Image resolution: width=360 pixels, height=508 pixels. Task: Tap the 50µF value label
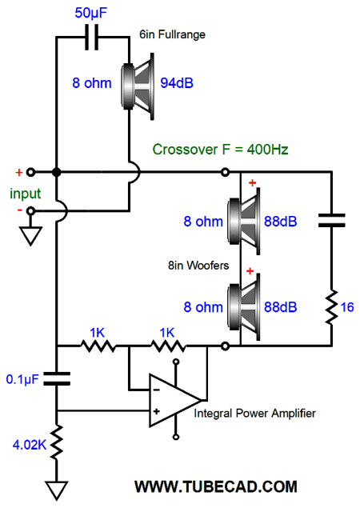click(90, 13)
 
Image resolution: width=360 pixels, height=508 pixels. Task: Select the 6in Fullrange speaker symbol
click(138, 86)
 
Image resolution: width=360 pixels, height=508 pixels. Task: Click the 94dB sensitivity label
click(177, 83)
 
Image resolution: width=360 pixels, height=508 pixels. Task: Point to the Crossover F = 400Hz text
click(220, 150)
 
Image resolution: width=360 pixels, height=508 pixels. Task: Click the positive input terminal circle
click(30, 172)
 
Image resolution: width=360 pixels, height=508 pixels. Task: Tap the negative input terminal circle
click(30, 211)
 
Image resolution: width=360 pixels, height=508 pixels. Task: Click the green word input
click(26, 194)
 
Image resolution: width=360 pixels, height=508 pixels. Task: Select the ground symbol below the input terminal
click(30, 235)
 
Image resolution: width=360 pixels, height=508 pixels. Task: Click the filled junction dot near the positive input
click(56, 172)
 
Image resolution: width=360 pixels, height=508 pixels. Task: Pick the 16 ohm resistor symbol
click(331, 307)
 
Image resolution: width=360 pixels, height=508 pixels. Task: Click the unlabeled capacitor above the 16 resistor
click(331, 220)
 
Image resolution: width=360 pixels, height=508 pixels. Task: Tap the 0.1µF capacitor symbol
click(56, 378)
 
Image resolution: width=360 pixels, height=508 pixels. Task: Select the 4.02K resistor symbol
click(56, 442)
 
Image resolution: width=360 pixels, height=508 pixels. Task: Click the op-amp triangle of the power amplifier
click(175, 401)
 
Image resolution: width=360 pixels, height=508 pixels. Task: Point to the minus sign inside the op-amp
click(156, 390)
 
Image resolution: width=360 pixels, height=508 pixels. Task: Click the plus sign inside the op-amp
click(156, 411)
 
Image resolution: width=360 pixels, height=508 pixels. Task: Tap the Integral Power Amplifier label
click(254, 414)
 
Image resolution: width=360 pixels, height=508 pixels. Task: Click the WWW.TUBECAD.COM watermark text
click(216, 486)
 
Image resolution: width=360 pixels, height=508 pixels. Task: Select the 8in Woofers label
click(198, 266)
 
